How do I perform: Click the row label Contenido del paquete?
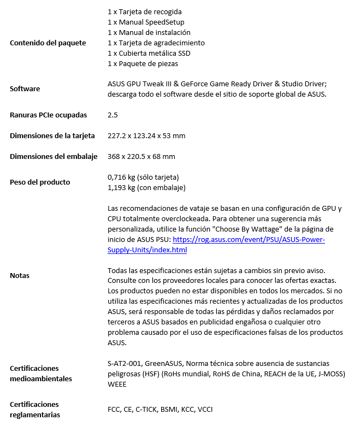(48, 43)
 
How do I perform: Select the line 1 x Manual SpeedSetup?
(146, 22)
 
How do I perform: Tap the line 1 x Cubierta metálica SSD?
(149, 54)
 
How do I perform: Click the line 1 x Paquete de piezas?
(143, 64)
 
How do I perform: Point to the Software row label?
(25, 88)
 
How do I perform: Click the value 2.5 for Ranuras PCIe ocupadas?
(113, 115)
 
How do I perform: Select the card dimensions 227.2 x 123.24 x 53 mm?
(146, 136)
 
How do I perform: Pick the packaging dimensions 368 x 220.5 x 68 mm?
(141, 157)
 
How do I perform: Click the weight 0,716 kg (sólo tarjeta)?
(144, 177)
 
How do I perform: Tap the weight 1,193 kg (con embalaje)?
(147, 188)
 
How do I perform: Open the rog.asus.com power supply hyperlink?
(249, 240)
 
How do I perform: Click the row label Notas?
(20, 276)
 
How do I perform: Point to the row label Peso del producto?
(40, 182)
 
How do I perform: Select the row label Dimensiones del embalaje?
(54, 157)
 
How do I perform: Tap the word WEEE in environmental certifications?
(117, 384)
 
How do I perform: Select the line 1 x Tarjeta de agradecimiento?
(156, 43)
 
